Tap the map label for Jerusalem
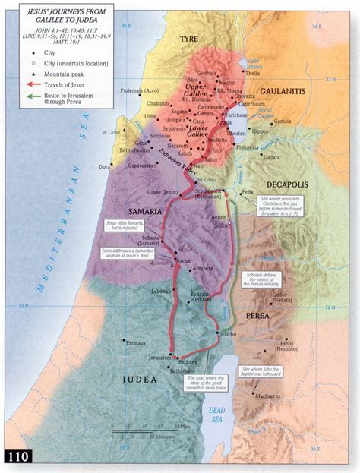[x=153, y=357]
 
